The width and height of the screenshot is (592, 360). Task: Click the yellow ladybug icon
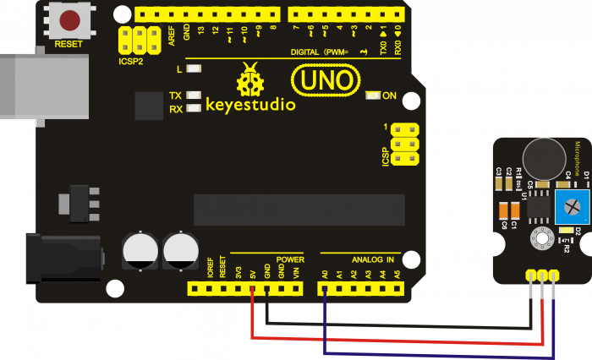coord(250,81)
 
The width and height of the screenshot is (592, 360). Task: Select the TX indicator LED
coord(195,95)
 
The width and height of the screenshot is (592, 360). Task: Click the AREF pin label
coord(171,35)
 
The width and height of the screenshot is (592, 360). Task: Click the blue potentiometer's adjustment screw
coord(562,203)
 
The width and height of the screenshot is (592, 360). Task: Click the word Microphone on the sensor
coord(578,161)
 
